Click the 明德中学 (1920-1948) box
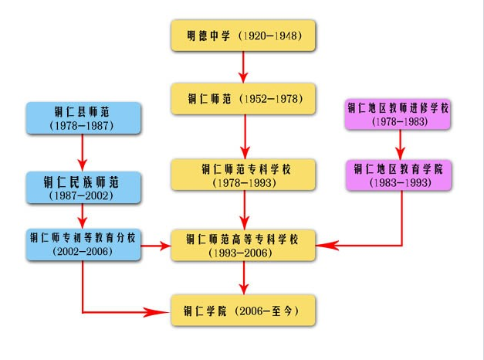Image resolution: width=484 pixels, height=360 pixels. [x=243, y=36]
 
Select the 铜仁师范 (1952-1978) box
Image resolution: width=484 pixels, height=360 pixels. [x=243, y=99]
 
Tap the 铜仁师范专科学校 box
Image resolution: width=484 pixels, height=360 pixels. [x=243, y=175]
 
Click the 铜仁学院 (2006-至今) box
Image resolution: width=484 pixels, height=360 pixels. [x=243, y=311]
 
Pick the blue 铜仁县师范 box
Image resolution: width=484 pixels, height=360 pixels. [x=83, y=117]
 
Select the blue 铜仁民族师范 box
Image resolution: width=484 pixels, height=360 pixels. [x=83, y=188]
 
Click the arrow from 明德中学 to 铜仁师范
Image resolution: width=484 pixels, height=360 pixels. [x=244, y=67]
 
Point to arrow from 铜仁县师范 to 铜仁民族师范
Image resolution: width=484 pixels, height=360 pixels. [x=83, y=153]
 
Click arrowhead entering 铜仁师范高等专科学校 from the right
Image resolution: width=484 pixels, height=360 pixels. [x=329, y=246]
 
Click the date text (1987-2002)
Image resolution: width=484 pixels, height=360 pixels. [x=83, y=196]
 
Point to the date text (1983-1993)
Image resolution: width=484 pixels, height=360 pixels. [x=398, y=183]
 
